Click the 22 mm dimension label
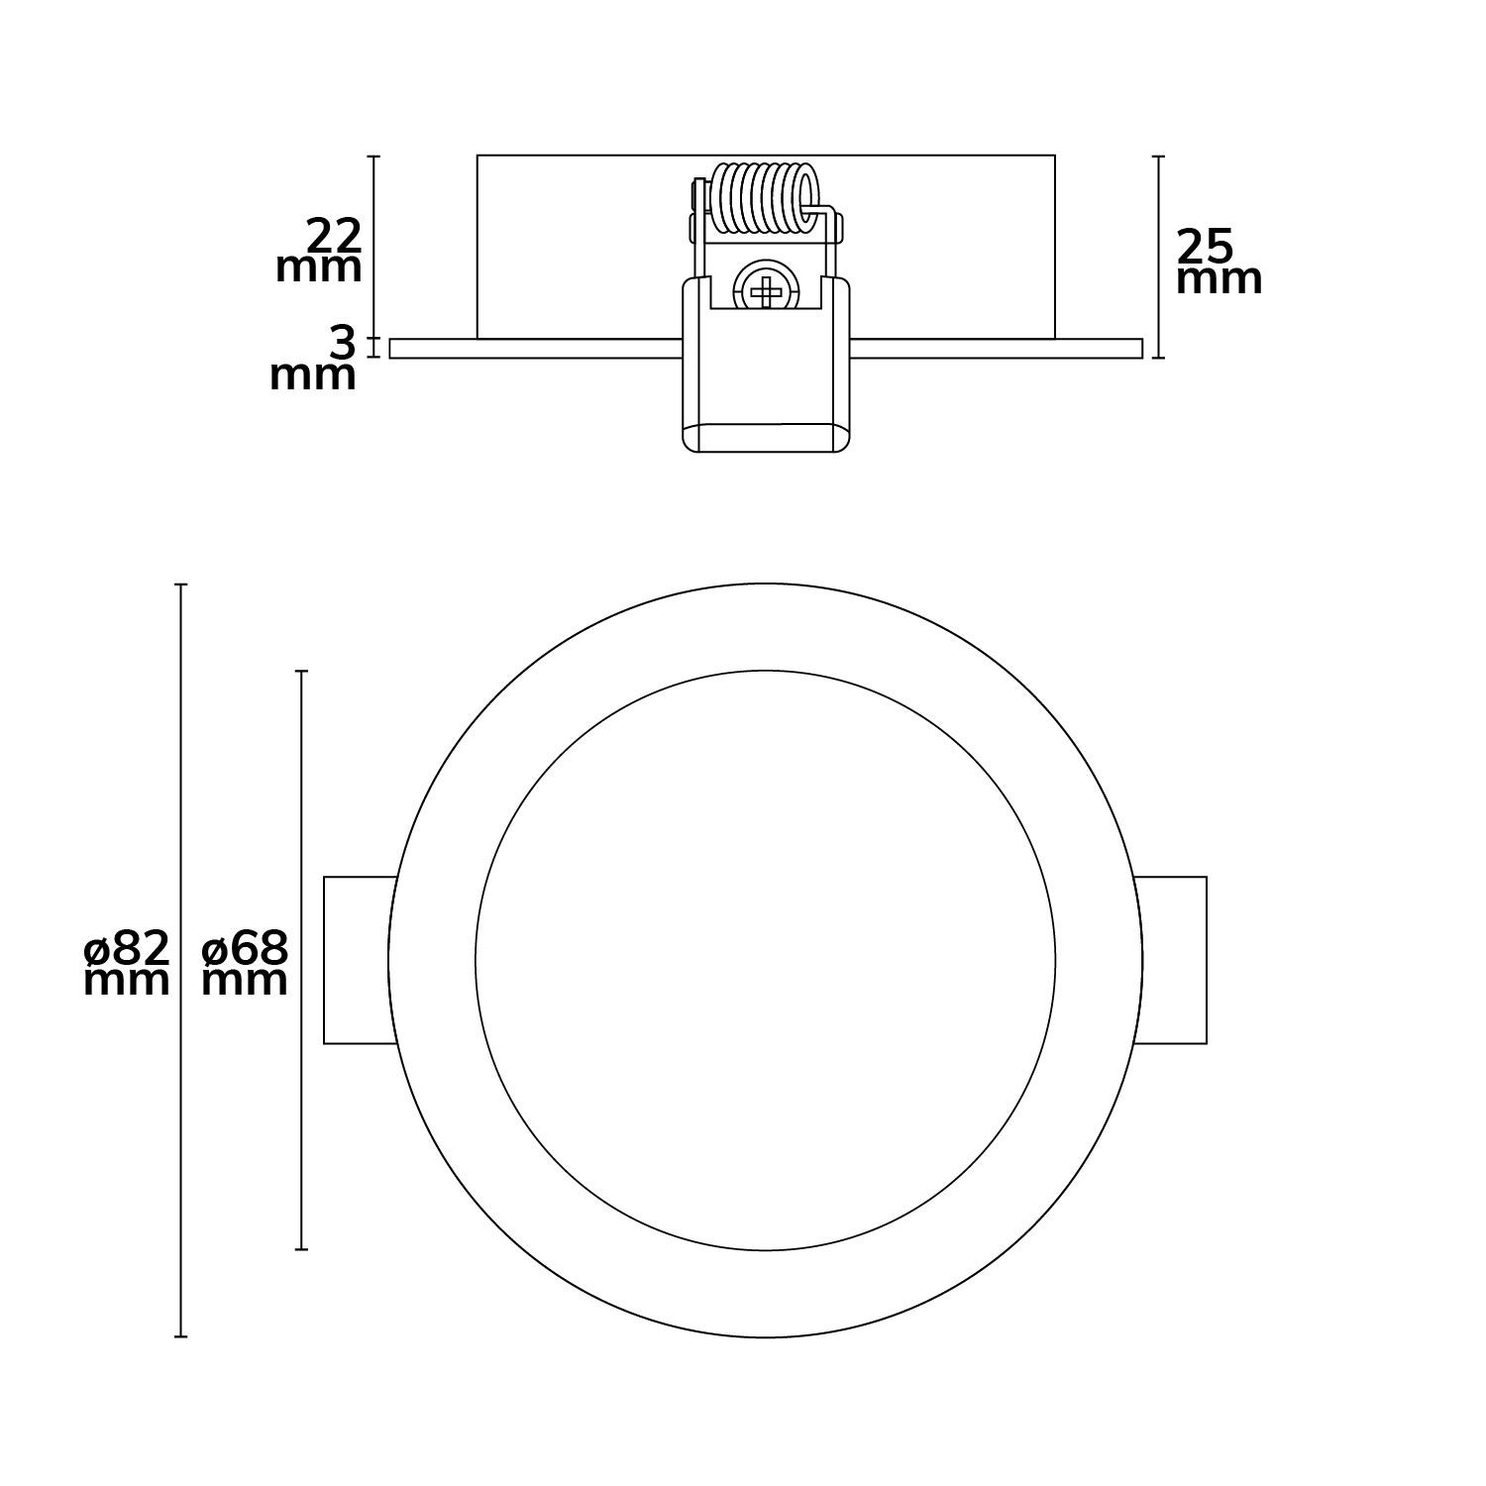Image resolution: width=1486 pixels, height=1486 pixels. [319, 252]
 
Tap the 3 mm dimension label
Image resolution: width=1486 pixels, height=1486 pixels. [313, 360]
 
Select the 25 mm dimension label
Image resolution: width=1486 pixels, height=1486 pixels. [1219, 262]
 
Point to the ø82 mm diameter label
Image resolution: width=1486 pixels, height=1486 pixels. [127, 963]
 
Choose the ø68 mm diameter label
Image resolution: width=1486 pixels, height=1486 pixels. [245, 963]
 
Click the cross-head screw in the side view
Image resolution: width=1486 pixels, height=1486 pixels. [765, 290]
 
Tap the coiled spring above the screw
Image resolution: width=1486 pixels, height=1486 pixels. [766, 201]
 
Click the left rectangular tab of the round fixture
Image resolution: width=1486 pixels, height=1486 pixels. [360, 960]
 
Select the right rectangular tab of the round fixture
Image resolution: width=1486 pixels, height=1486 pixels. [1170, 960]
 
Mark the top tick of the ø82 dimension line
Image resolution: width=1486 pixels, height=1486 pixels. [181, 584]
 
